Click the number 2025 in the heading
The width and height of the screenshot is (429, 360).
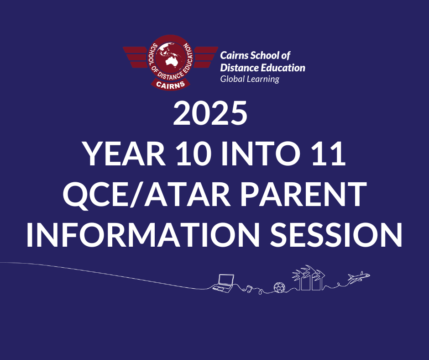click(210, 113)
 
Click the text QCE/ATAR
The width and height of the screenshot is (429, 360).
click(147, 195)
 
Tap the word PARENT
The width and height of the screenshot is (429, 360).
click(303, 194)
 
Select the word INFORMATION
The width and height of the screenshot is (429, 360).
click(143, 235)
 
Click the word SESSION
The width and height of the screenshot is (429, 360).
click(336, 235)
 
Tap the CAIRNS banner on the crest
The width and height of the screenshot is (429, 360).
click(170, 85)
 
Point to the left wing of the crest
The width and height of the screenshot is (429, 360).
click(135, 57)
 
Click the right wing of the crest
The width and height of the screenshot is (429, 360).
click(206, 57)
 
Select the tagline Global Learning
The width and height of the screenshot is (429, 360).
click(250, 79)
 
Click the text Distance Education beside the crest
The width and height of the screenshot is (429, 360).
click(263, 68)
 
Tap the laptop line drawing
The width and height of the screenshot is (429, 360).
click(223, 283)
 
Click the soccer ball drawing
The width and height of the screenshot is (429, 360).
click(279, 287)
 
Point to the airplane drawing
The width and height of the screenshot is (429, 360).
click(359, 276)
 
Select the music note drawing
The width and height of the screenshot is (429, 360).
click(249, 288)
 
